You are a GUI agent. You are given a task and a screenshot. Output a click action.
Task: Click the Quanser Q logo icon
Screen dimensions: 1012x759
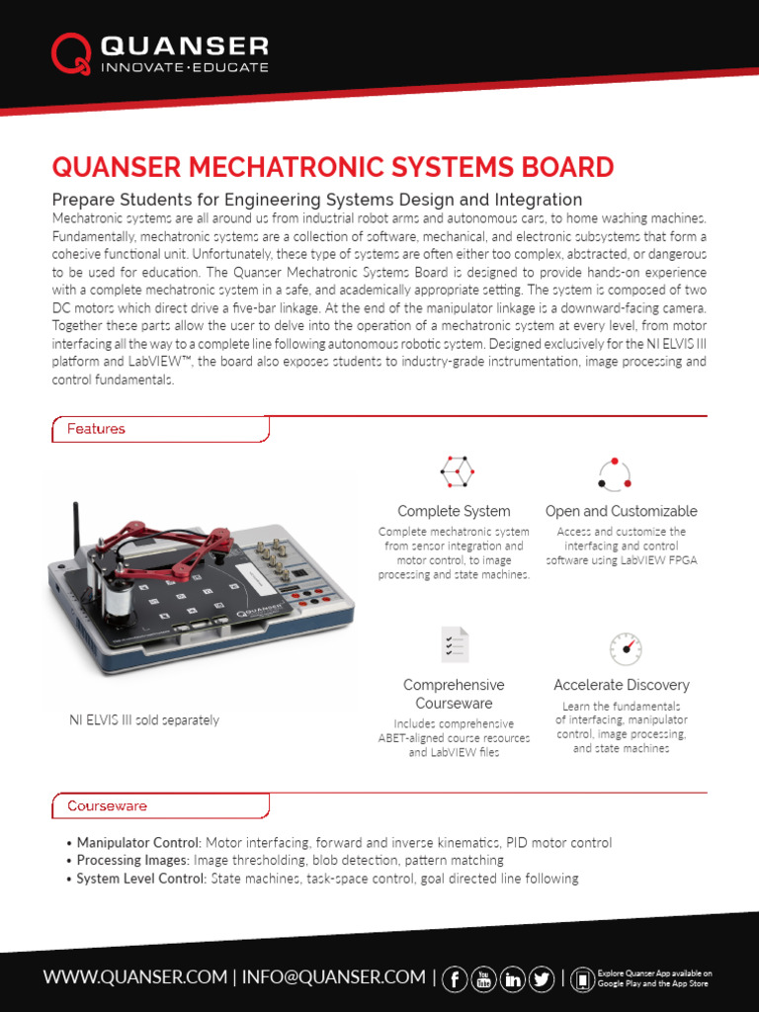(72, 55)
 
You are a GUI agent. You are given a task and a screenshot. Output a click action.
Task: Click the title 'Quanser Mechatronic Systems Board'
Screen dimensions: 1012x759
(332, 167)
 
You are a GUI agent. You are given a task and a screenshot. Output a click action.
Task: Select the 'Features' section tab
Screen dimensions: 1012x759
(96, 429)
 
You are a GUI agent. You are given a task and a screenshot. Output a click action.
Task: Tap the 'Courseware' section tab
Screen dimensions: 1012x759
(107, 805)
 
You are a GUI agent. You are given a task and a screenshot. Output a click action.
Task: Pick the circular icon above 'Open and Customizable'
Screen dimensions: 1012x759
(614, 473)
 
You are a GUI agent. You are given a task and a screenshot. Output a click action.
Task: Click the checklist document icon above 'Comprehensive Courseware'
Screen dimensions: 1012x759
(455, 644)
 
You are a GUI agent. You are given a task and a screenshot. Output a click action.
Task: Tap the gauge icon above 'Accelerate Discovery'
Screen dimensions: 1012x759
(625, 648)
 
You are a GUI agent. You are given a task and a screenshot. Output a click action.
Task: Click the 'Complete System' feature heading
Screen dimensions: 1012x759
(454, 511)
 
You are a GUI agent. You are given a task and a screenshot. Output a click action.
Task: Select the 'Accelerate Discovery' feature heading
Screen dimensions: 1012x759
(622, 685)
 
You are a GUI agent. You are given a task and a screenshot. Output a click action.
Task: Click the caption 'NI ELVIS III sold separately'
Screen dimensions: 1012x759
(144, 720)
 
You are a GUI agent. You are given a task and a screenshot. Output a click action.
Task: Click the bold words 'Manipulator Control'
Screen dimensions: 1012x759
(138, 843)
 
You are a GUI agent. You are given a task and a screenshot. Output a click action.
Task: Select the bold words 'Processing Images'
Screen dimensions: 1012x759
(131, 861)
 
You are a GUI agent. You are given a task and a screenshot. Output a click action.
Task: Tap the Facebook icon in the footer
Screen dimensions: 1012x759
(457, 978)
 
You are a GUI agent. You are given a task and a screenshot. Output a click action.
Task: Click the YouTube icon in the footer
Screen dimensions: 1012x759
(484, 978)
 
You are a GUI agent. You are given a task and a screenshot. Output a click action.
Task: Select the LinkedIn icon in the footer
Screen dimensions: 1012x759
(513, 978)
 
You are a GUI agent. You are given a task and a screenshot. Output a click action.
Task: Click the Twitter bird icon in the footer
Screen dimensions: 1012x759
(541, 978)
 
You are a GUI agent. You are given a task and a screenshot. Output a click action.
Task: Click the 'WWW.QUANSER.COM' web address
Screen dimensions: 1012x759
(135, 977)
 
